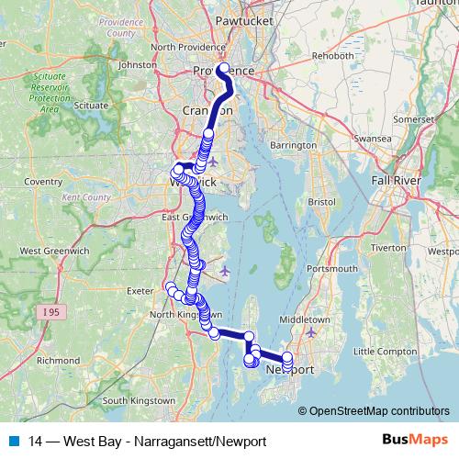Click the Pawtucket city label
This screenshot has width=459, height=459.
[239, 18]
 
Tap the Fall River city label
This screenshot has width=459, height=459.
[395, 181]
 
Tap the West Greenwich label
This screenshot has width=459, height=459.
[53, 250]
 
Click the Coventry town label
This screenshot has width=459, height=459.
[42, 182]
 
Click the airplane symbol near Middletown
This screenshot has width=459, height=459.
[310, 331]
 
